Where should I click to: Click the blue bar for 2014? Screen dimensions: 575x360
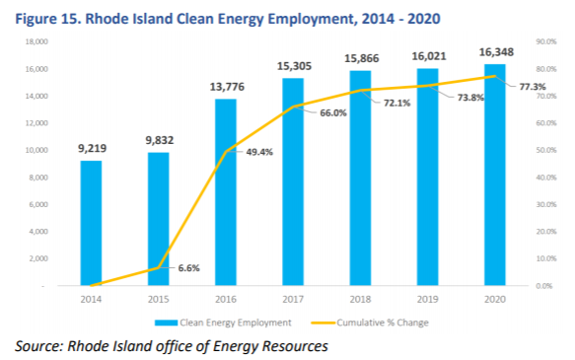tap(91, 223)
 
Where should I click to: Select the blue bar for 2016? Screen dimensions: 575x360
tap(226, 192)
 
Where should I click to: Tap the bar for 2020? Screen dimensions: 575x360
tap(495, 175)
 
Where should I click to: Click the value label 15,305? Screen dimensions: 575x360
tap(294, 66)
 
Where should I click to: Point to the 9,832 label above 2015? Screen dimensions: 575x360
tap(160, 140)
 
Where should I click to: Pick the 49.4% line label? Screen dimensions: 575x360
tap(259, 152)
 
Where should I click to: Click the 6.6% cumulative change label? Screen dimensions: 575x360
tap(188, 268)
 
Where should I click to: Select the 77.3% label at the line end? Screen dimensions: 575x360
tap(533, 87)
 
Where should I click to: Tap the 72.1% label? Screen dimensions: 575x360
tap(396, 103)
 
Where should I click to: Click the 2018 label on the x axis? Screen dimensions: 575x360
tap(360, 299)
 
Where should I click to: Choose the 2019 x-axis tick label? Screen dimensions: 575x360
tap(428, 299)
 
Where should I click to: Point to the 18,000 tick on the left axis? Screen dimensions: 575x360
tap(36, 41)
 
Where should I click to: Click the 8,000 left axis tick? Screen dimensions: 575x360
tap(38, 178)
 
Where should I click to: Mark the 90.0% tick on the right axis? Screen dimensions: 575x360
tap(546, 41)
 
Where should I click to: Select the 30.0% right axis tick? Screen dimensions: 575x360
tap(546, 204)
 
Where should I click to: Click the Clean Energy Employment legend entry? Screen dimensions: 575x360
tap(223, 323)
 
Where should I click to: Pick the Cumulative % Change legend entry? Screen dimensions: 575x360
tap(370, 323)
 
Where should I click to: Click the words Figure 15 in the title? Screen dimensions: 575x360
tap(47, 19)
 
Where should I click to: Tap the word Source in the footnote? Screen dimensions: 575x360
tap(36, 346)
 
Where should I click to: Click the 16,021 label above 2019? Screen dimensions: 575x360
tap(429, 56)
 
